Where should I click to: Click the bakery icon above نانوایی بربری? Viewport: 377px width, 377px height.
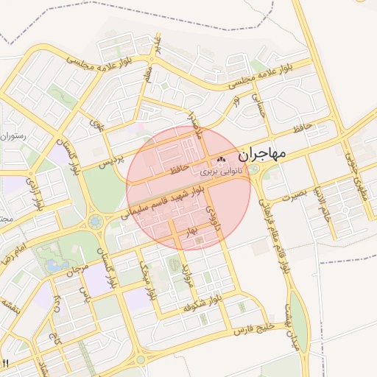click(222, 160)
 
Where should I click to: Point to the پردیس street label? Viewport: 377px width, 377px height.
click(108, 157)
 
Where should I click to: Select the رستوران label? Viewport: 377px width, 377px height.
click(13, 135)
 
